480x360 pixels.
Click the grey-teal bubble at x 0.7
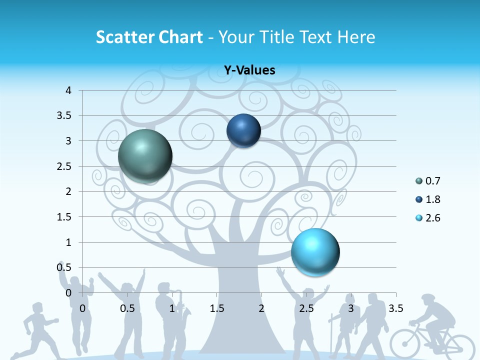click(145, 156)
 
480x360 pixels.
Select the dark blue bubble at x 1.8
click(243, 130)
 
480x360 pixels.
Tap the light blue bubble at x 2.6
click(315, 251)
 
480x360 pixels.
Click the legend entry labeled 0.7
click(432, 181)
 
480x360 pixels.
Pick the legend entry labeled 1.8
click(432, 199)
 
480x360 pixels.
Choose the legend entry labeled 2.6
click(432, 218)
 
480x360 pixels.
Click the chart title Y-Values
click(249, 70)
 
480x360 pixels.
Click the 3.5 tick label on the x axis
click(395, 308)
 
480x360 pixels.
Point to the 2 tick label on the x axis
click(261, 308)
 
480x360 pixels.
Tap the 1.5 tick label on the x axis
click(216, 308)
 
